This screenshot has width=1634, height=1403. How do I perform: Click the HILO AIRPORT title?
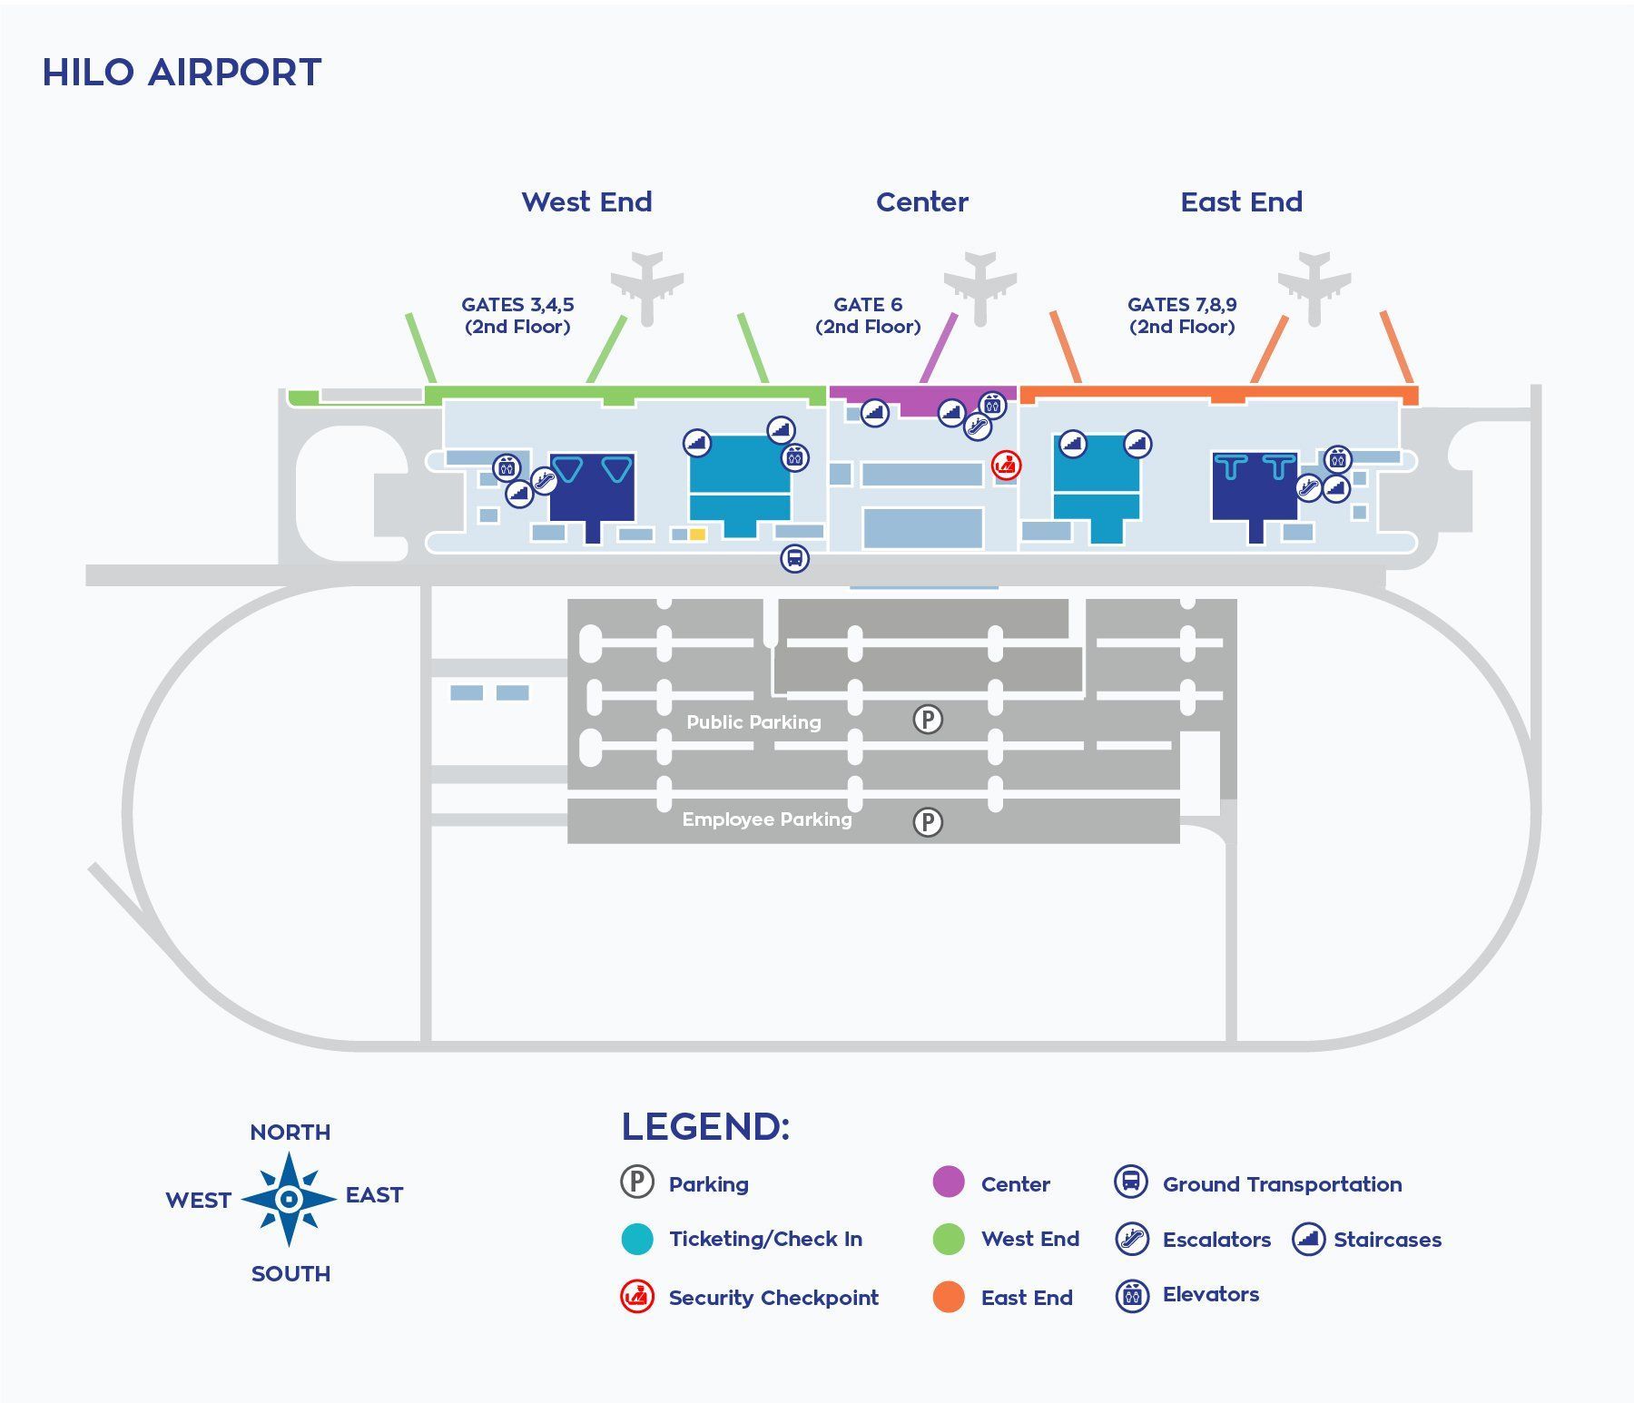click(x=182, y=73)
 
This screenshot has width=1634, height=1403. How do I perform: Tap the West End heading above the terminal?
click(x=586, y=201)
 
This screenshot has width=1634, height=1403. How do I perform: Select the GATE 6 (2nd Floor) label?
click(x=868, y=316)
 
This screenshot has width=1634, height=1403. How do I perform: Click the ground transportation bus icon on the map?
click(x=794, y=558)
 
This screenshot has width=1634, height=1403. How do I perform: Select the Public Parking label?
click(x=753, y=722)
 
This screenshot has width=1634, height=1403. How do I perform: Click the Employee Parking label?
click(x=767, y=819)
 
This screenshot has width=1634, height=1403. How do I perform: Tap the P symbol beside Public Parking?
click(x=928, y=720)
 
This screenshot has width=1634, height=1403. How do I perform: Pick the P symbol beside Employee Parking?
click(x=928, y=822)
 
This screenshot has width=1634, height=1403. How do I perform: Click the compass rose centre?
click(x=289, y=1200)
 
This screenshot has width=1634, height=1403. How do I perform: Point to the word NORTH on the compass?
click(x=290, y=1133)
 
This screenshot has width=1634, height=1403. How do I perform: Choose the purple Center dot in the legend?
click(x=949, y=1182)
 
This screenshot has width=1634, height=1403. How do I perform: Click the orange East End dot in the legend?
click(x=949, y=1297)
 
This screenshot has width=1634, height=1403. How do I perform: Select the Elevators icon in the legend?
click(x=1132, y=1295)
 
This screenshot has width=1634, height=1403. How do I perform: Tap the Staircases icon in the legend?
click(x=1308, y=1239)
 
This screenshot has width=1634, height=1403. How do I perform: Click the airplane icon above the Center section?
click(x=979, y=286)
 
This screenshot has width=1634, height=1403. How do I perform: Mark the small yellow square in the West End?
click(x=697, y=535)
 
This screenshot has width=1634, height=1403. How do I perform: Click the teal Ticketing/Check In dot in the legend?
click(x=637, y=1239)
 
